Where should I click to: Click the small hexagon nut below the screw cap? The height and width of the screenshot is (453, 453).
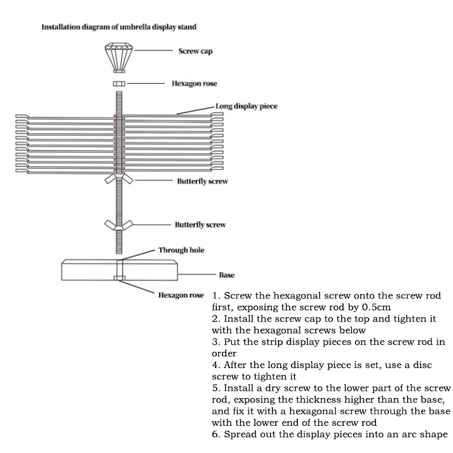click(119, 84)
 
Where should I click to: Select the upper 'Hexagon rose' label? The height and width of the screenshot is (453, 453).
click(194, 84)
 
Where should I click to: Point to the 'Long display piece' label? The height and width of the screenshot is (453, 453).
click(246, 106)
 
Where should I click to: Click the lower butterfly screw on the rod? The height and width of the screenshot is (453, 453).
click(119, 224)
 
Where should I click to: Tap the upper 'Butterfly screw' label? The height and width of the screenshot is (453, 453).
click(202, 182)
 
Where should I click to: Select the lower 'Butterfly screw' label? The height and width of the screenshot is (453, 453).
click(200, 225)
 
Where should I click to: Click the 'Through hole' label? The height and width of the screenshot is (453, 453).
click(181, 250)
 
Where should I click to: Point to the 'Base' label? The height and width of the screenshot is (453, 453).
click(226, 275)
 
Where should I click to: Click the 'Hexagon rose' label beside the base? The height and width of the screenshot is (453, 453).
click(181, 295)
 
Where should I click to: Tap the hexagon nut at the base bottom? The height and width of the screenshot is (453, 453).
click(119, 278)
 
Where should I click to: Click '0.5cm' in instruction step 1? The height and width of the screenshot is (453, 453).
click(376, 307)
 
